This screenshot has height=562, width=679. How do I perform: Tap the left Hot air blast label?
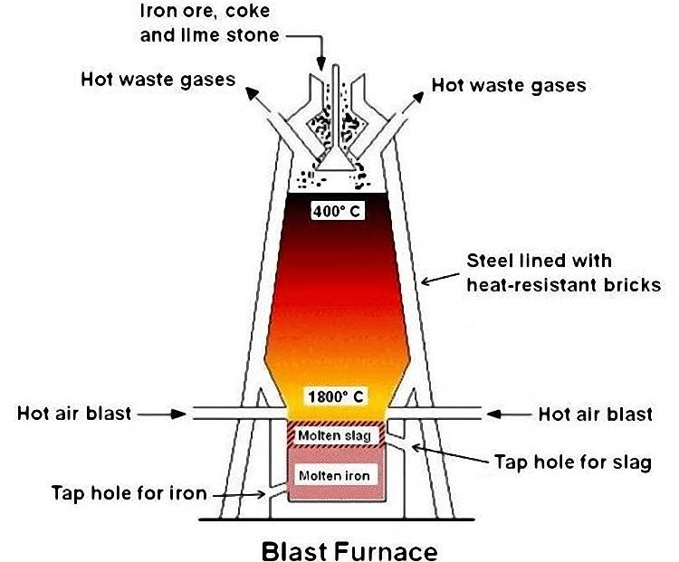(74, 414)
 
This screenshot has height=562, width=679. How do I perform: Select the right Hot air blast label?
(595, 414)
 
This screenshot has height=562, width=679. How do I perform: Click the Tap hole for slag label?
(574, 463)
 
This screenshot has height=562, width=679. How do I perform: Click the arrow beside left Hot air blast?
(163, 414)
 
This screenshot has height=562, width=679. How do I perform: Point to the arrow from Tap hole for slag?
(448, 452)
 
